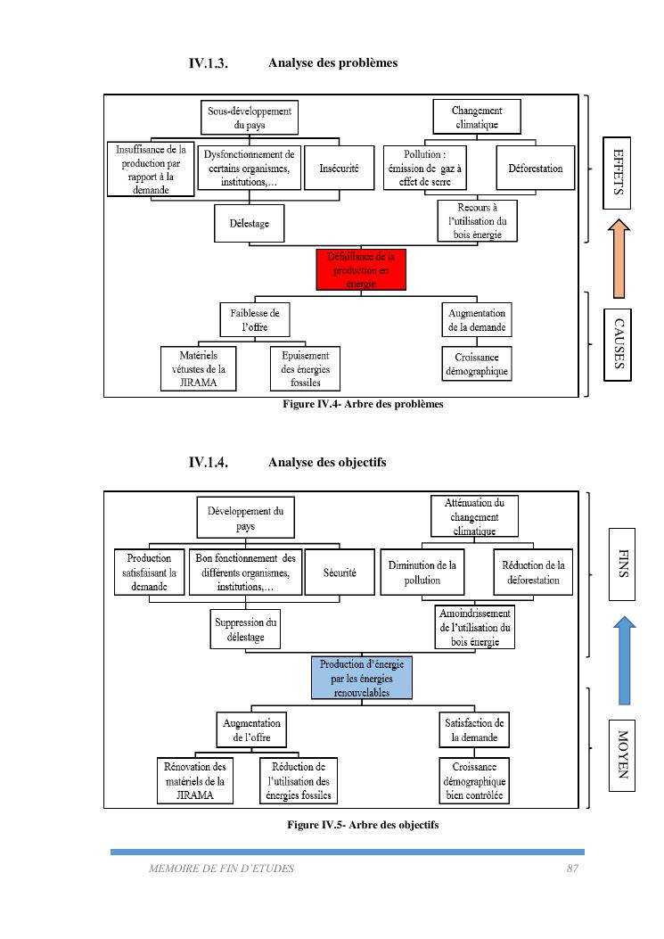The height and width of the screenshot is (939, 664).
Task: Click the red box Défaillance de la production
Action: pos(361,269)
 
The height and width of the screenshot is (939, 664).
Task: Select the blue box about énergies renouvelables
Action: pos(362,678)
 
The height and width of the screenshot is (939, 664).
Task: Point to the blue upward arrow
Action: pos(625,659)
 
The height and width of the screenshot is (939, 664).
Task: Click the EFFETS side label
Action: pos(617,172)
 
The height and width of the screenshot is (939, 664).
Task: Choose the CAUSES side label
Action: pos(617,343)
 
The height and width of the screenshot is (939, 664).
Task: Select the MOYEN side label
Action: pos(623,754)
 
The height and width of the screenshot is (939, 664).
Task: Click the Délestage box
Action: pos(250,223)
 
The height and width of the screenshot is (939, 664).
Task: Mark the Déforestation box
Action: pos(535,168)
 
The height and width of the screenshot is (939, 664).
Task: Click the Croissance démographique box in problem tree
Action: pos(477,363)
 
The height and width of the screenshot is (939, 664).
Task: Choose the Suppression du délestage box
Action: pos(247,630)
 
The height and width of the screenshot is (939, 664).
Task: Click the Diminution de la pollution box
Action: pos(422,572)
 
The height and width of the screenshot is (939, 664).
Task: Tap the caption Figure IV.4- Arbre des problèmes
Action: pos(363,405)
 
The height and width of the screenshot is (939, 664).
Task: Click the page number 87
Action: pos(573,868)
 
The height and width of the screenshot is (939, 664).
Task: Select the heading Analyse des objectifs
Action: pos(326,462)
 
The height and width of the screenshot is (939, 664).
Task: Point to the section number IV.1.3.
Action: pos(209,63)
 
